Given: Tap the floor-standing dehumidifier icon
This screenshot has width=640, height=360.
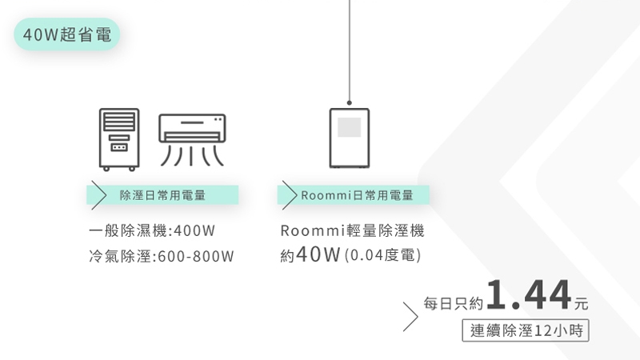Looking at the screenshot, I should pos(119,138).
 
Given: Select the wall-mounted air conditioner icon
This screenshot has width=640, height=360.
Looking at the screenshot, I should pos(192,138).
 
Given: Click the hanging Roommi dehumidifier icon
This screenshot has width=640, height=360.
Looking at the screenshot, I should pos(350,138).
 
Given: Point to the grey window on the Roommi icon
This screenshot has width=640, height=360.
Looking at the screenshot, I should pos(350,128).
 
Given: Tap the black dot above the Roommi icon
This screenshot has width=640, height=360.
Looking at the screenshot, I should pos(350,101).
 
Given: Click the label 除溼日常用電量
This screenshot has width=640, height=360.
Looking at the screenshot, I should pos(162,194).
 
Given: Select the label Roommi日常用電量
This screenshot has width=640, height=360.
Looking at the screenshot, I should pos(357,194).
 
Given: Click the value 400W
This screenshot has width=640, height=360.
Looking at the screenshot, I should pos(194,231).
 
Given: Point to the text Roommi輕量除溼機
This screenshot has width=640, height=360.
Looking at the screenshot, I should pos(352,231).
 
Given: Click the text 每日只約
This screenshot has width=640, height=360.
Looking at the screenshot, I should pos(454,303).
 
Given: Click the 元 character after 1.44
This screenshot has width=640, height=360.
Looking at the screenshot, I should pos(581,304).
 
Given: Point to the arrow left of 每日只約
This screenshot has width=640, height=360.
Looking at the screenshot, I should pos(410,315).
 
